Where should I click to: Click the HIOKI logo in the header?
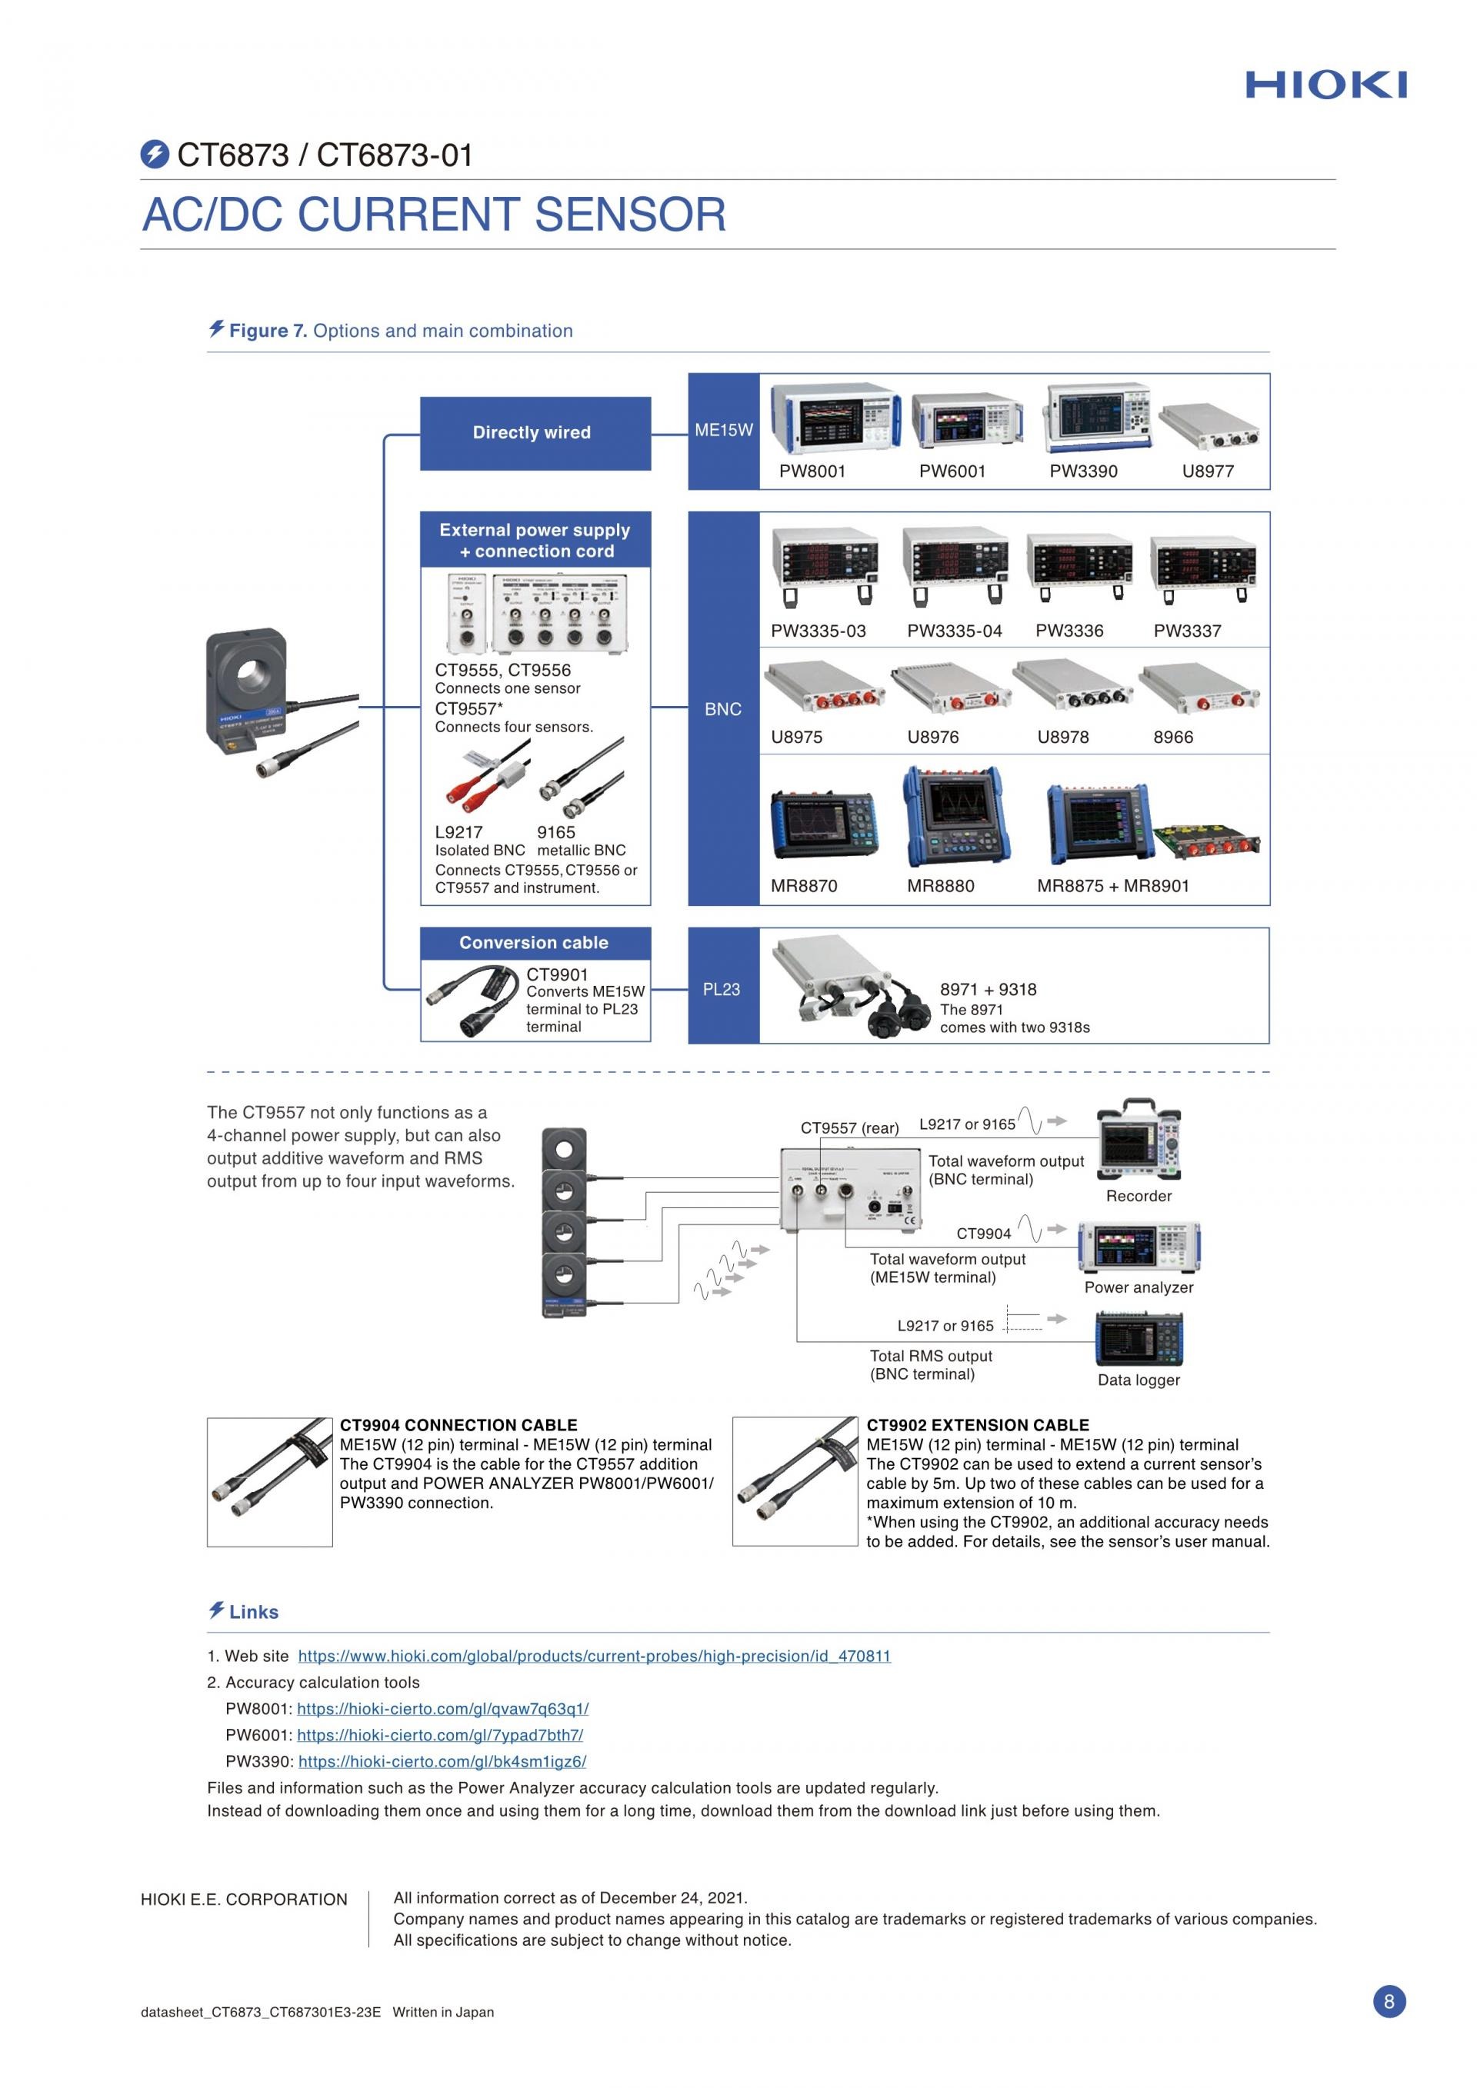1325,85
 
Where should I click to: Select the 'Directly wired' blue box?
535,433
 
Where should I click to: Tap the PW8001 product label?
812,471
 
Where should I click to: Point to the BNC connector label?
723,709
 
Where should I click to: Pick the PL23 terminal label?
722,990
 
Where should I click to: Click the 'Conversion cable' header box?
534,943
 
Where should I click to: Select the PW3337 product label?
1187,631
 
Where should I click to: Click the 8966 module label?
1172,738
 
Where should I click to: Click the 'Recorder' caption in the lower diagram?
1139,1196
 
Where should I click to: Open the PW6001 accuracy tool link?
440,1735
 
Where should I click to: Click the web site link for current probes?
594,1656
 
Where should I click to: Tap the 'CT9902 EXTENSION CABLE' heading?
977,1425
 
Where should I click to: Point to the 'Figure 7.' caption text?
268,331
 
